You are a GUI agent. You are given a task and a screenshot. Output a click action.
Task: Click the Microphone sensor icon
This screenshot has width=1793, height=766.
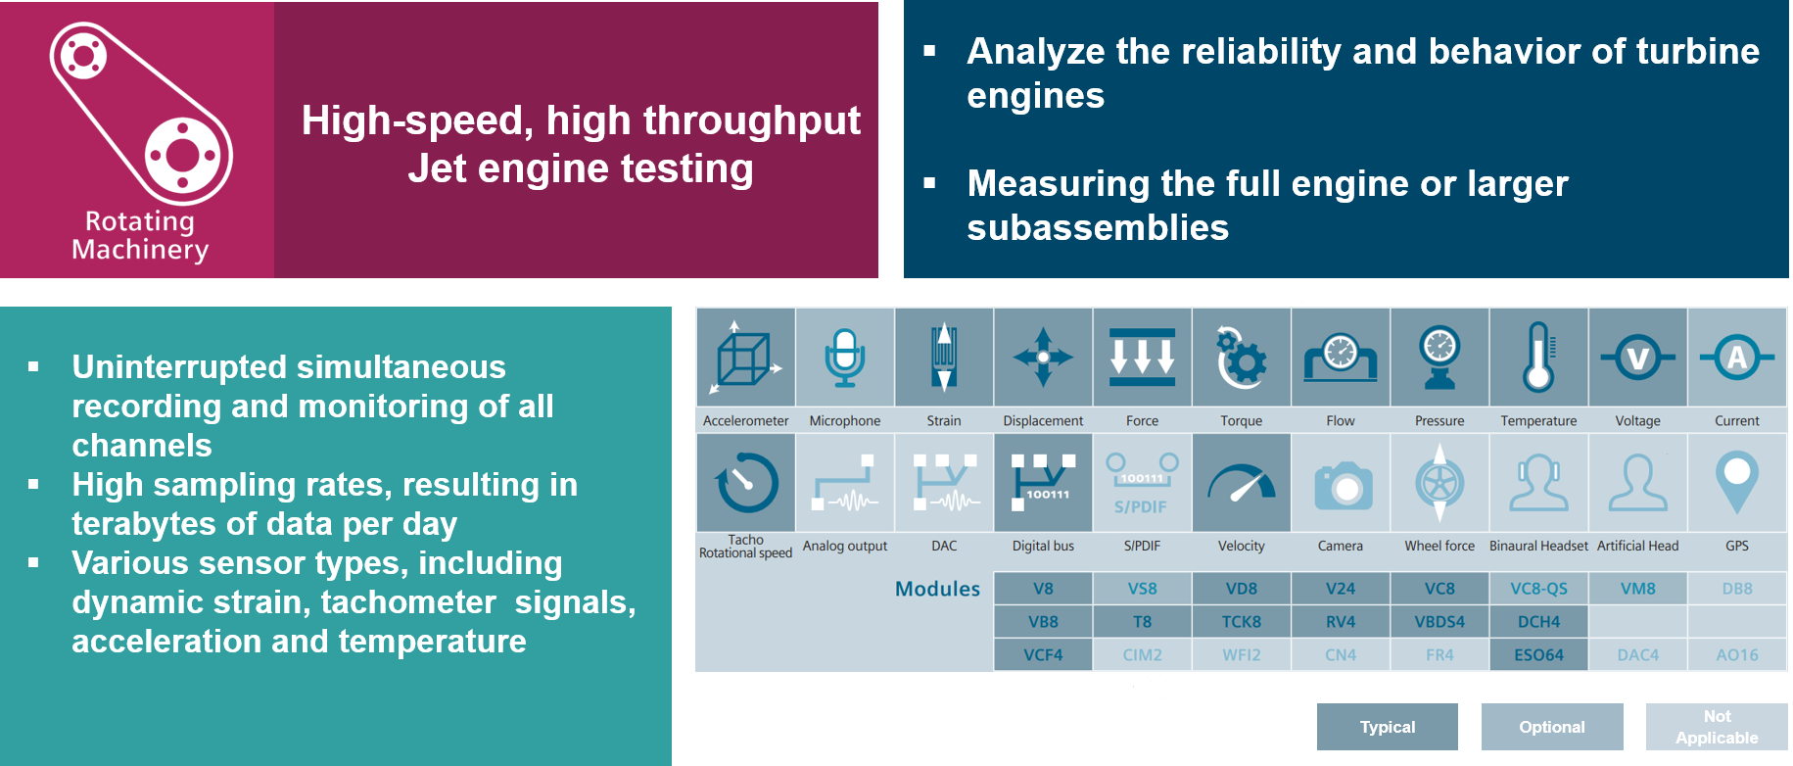coord(844,358)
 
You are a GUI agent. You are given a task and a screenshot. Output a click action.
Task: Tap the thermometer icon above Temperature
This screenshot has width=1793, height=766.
coord(1538,358)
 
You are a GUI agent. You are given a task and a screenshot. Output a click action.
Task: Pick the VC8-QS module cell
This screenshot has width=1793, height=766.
coord(1538,589)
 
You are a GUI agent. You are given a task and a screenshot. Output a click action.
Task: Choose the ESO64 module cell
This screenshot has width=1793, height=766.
coord(1538,654)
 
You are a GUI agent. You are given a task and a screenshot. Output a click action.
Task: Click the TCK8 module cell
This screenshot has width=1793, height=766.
coord(1241,622)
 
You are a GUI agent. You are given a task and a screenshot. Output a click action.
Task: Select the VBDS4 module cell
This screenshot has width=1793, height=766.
coord(1439,622)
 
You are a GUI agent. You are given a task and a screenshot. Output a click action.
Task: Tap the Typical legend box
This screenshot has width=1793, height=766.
coord(1387,727)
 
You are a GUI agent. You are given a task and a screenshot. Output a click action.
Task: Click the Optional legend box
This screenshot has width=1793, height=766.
coord(1551,727)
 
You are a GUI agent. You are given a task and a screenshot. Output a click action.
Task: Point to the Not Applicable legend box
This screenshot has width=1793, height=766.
coord(1717,727)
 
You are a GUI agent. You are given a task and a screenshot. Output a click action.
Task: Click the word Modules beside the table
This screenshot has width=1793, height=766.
coord(937,589)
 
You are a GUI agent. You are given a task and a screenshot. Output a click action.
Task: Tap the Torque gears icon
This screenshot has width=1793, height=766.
coord(1241,358)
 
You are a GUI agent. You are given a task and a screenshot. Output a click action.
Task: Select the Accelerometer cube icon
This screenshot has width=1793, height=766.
coord(746,358)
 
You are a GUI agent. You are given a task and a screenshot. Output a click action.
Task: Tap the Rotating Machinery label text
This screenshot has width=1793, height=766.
coord(140,236)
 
